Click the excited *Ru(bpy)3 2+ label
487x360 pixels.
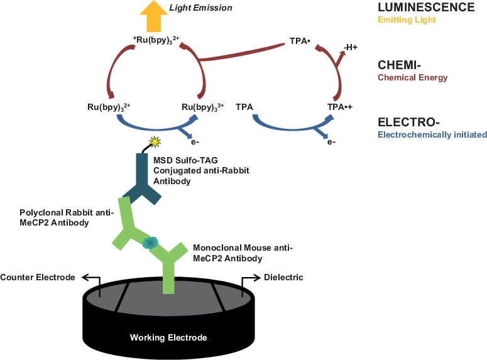[156, 40]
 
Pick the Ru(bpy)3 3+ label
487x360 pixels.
[202, 107]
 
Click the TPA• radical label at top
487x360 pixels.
[301, 40]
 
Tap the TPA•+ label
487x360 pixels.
[340, 107]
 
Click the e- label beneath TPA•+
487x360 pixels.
[331, 142]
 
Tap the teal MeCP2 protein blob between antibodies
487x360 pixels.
[150, 243]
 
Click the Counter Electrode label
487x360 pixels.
[38, 277]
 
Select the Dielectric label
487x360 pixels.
[283, 277]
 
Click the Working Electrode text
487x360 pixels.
[168, 337]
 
